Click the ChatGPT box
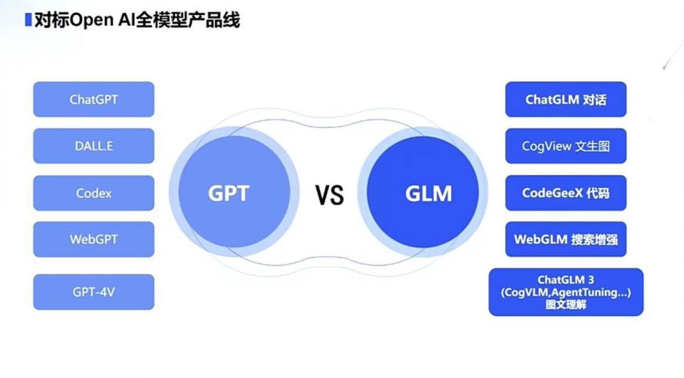point(93,100)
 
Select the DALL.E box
point(93,146)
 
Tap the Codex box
point(93,193)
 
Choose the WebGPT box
point(93,239)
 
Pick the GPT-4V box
point(93,292)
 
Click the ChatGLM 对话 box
point(566,100)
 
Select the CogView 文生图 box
point(566,147)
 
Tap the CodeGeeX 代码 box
point(566,193)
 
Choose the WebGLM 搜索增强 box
point(566,240)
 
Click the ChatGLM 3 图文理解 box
point(566,292)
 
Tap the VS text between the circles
point(330,194)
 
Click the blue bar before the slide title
point(28,20)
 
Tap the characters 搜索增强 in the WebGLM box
point(594,240)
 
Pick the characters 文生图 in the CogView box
point(593,147)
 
